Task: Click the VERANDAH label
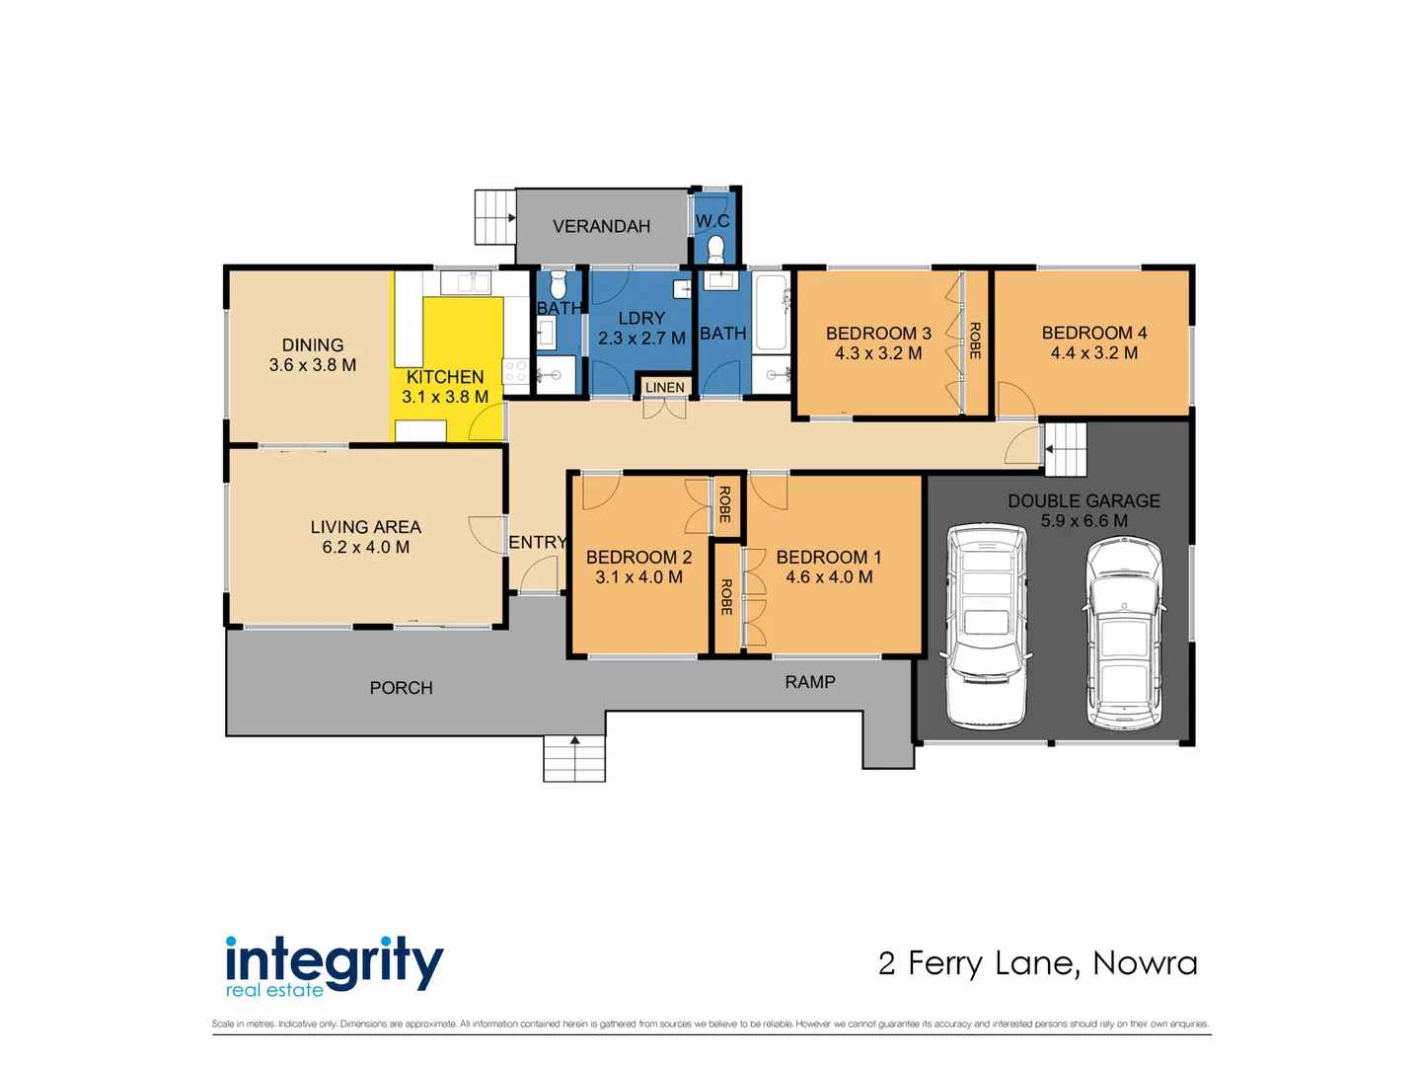601,226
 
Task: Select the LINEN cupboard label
664,387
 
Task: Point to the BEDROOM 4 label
1093,334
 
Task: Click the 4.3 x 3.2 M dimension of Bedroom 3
878,353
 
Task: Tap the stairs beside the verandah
495,217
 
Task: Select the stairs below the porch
574,759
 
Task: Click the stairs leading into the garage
1066,450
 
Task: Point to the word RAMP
810,682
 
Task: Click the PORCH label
401,688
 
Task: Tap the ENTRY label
537,543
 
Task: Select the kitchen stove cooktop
515,372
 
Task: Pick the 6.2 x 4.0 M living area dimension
365,548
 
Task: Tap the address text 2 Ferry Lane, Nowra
1037,963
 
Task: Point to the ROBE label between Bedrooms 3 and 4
975,341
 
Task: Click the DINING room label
313,345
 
